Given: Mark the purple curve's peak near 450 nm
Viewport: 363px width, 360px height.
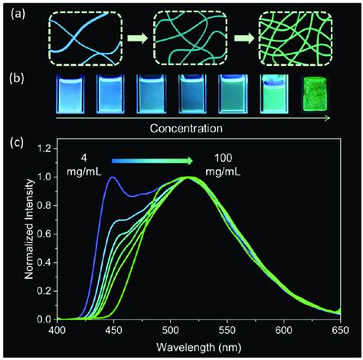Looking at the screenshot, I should coord(113,178).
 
